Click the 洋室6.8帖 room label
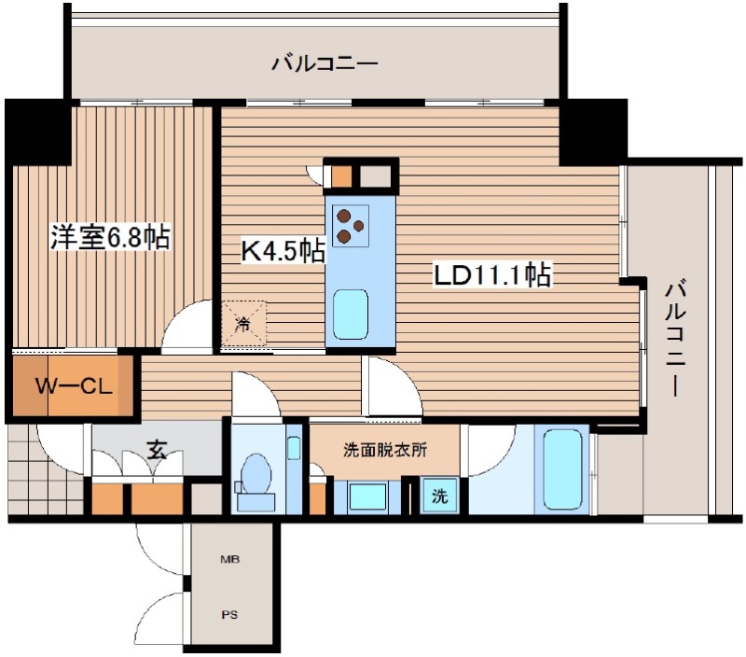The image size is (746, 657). tap(109, 238)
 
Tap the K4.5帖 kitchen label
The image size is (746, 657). tap(283, 249)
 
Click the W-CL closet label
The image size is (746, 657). tap(74, 385)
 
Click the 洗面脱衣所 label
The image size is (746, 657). tap(385, 450)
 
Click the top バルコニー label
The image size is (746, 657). tap(325, 64)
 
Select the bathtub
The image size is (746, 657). tap(562, 469)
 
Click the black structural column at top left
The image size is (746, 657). tap(39, 131)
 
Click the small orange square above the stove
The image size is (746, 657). tap(342, 175)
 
